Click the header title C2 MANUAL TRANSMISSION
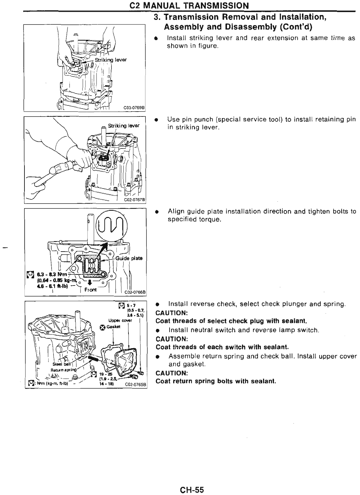pyautogui.click(x=189, y=6)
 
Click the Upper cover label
pyautogui.click(x=122, y=320)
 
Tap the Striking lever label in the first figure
pyautogui.click(x=111, y=59)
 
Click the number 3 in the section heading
pyautogui.click(x=156, y=17)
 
